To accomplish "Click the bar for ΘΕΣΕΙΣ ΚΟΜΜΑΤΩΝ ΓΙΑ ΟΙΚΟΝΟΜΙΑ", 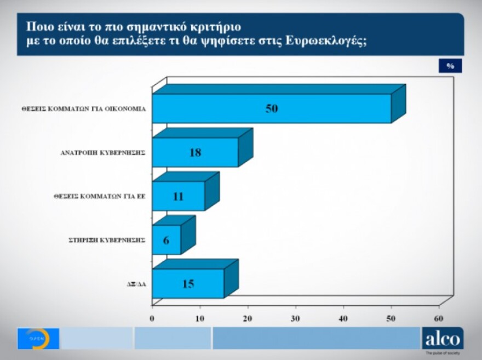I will (x=271, y=108).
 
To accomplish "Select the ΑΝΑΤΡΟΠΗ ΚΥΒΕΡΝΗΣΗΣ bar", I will (x=195, y=152).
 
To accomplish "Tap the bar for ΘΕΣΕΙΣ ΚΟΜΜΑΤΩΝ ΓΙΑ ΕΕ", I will (x=178, y=196).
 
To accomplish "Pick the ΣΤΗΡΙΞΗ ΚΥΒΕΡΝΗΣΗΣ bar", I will (x=166, y=240).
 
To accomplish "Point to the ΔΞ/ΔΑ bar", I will (x=188, y=284).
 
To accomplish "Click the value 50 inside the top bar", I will (x=272, y=108).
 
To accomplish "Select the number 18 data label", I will (x=195, y=152).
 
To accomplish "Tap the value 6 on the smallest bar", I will (x=166, y=240).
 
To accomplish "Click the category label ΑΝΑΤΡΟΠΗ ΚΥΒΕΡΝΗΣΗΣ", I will (x=102, y=153).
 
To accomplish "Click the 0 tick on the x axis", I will (x=152, y=318).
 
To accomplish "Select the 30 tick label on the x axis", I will (x=296, y=318).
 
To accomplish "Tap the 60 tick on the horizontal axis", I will (x=439, y=318).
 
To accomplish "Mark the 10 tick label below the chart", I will (x=200, y=318).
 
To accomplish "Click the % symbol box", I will (x=450, y=66).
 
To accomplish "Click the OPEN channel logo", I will (x=38, y=339).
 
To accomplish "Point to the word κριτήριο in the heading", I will (x=217, y=26).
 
